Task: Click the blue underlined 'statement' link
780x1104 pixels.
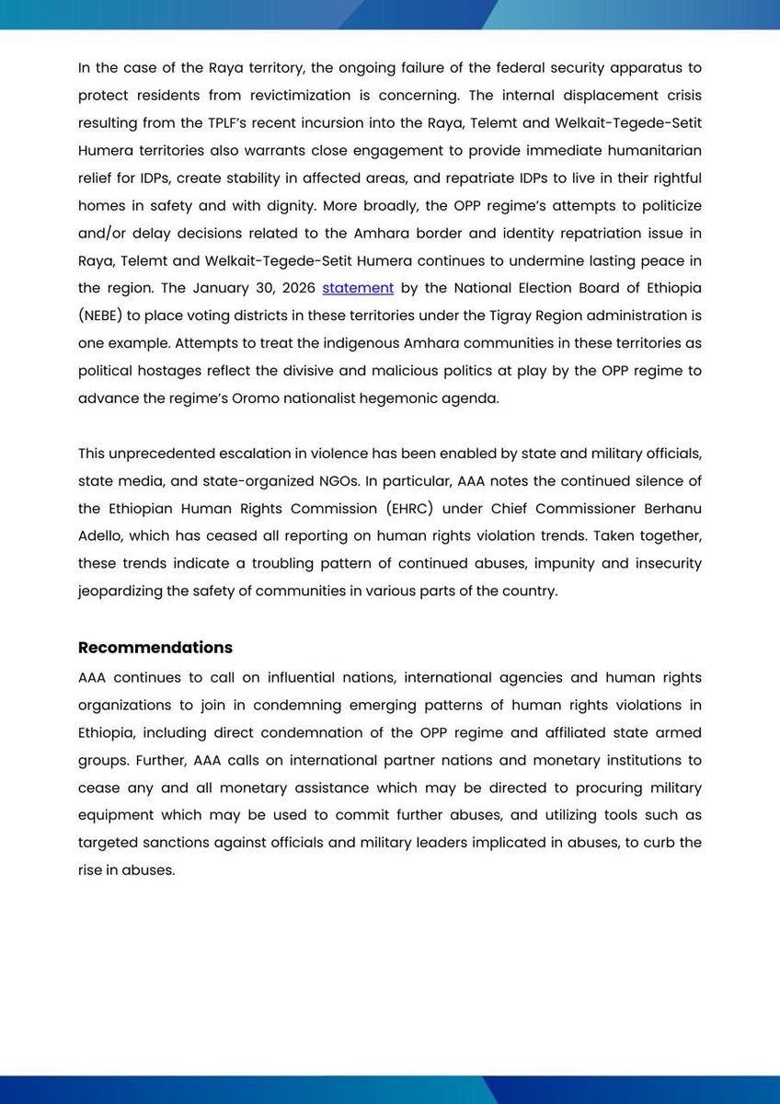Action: coord(358,288)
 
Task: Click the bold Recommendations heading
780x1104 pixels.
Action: coord(155,647)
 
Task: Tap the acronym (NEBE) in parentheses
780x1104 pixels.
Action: coord(108,316)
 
